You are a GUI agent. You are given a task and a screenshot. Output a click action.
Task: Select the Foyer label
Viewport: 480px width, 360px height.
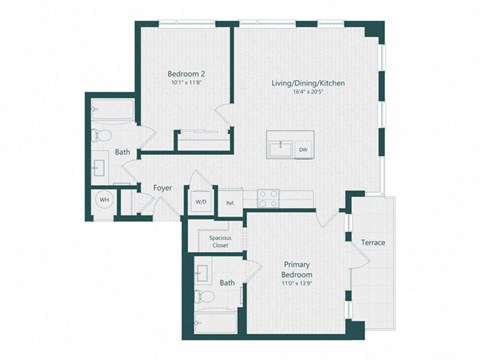pyautogui.click(x=162, y=187)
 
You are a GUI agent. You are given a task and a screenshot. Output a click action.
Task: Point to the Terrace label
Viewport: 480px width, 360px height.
pyautogui.click(x=373, y=243)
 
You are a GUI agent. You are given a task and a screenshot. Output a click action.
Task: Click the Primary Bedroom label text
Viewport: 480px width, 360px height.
pyautogui.click(x=297, y=269)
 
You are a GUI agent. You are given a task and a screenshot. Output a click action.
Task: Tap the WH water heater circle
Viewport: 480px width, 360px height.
pyautogui.click(x=103, y=200)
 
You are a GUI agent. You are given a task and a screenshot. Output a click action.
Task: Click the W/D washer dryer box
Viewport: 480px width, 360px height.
pyautogui.click(x=200, y=200)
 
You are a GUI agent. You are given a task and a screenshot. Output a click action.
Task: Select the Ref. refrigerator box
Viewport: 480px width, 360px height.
pyautogui.click(x=229, y=201)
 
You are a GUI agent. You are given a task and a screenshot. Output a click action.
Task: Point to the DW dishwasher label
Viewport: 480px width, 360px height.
pyautogui.click(x=303, y=149)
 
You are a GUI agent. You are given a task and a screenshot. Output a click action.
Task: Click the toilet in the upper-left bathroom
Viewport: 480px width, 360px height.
pyautogui.click(x=100, y=134)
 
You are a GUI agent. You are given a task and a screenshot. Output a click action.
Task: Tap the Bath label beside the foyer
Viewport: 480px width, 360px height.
pyautogui.click(x=122, y=152)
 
